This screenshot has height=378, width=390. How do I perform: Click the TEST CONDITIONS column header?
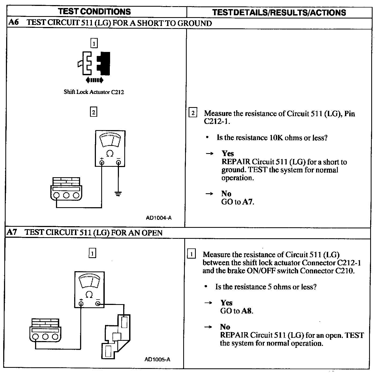[x=95, y=12]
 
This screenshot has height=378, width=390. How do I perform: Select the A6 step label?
[x=14, y=22]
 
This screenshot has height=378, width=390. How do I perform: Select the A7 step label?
[x=12, y=232]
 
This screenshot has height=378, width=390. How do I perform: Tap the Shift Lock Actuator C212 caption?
[x=94, y=92]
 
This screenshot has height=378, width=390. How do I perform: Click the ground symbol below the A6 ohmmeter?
[x=118, y=193]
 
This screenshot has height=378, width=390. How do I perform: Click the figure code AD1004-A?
[x=159, y=218]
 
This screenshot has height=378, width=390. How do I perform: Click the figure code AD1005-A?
[x=157, y=359]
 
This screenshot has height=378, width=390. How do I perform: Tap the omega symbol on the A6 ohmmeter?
[x=110, y=154]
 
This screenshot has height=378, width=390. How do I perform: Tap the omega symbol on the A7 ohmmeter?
[x=89, y=295]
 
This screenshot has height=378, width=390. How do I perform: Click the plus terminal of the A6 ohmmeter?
[x=102, y=162]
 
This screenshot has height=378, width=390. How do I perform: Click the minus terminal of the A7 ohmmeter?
[x=98, y=304]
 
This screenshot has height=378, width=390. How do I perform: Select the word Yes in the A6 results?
[x=228, y=153]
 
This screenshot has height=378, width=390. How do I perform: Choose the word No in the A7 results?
[x=225, y=327]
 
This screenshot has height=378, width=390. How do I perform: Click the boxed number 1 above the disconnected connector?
[x=94, y=43]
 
